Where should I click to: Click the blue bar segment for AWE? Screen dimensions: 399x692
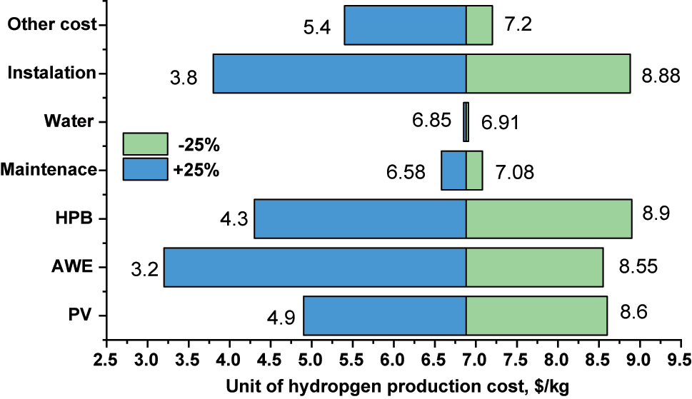point(314,267)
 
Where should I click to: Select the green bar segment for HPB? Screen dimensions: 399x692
point(548,218)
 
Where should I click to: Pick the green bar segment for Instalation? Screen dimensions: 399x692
point(548,74)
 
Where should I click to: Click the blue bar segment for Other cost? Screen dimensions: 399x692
point(405,25)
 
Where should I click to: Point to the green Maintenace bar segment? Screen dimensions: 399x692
point(474,170)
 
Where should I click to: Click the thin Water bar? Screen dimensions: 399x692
point(466,122)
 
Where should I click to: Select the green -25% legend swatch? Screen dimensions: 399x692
point(145,143)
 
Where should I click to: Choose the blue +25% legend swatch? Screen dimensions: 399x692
point(145,169)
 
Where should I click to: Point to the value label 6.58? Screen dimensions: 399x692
point(406,173)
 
